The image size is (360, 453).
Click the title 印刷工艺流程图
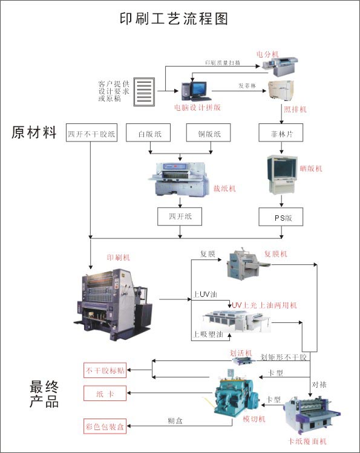[180, 18]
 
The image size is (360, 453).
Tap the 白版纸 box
[148, 133]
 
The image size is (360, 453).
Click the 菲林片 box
[280, 132]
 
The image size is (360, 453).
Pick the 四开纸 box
[179, 217]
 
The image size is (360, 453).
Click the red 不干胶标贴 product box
[105, 370]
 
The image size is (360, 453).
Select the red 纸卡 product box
[105, 394]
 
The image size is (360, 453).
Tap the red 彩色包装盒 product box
[105, 427]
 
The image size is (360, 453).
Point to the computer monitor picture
[197, 90]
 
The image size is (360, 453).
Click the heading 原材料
[34, 132]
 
